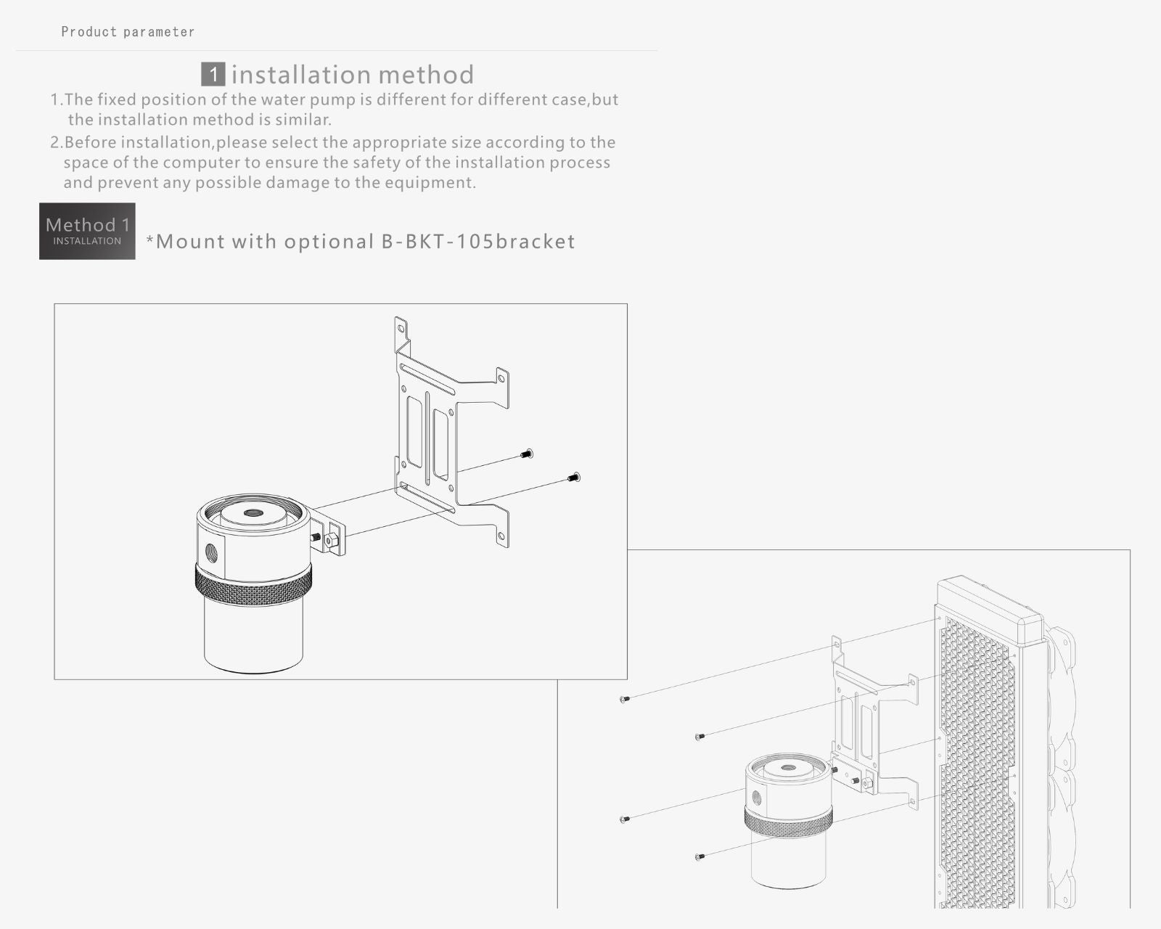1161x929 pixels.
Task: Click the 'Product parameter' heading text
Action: (128, 32)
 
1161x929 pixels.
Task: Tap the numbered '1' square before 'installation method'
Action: (213, 74)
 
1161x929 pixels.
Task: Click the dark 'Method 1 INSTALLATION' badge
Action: (87, 231)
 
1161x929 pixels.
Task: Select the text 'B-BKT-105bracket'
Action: (478, 241)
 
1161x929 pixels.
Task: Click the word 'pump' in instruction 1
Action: (334, 100)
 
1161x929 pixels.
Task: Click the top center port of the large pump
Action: (251, 513)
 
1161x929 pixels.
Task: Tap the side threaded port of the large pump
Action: (211, 552)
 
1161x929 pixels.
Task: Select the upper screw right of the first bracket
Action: (527, 454)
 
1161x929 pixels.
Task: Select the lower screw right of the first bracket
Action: (575, 477)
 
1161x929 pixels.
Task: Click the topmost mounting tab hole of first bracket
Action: (401, 327)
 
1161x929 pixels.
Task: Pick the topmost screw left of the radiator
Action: (624, 699)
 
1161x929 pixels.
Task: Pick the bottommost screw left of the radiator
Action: (700, 856)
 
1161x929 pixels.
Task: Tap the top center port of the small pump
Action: (788, 766)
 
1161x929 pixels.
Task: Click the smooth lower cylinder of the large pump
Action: (253, 637)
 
